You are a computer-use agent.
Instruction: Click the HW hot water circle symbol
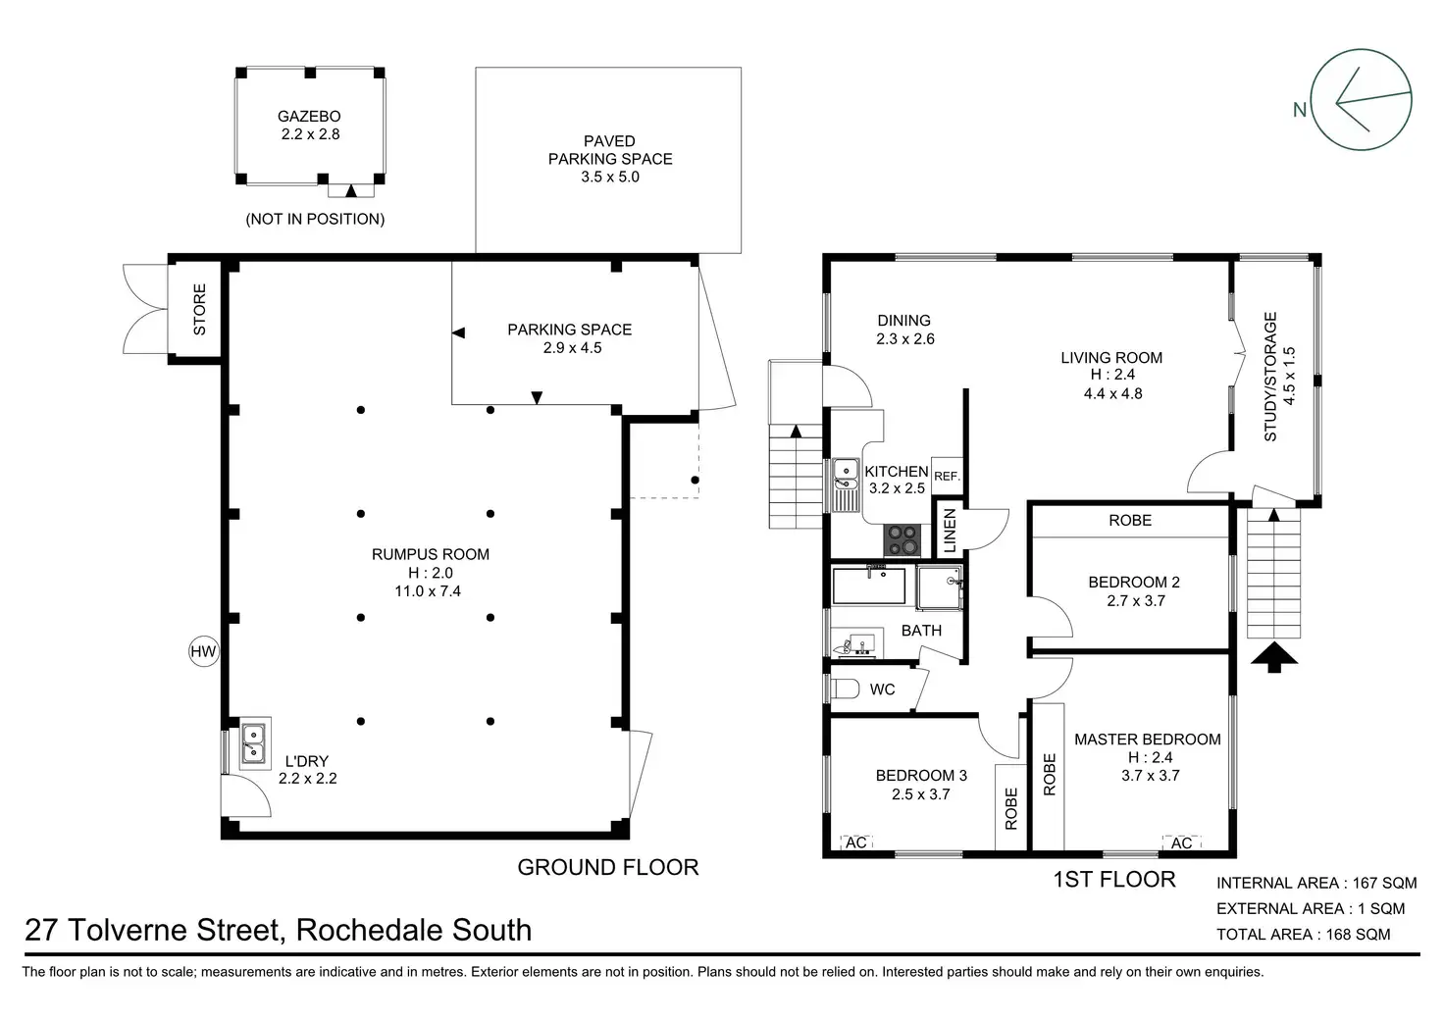[203, 651]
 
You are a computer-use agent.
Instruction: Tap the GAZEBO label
[309, 116]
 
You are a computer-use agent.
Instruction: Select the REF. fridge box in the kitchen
[947, 476]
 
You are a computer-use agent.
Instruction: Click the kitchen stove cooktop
[902, 538]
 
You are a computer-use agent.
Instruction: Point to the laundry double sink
[254, 742]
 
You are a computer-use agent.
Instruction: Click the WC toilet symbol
[845, 689]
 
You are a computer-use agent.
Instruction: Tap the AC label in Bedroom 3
[856, 842]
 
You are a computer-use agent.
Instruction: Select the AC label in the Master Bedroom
[1181, 842]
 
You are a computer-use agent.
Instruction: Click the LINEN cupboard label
[950, 531]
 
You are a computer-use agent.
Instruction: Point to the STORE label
[200, 309]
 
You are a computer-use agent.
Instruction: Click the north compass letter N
[1300, 109]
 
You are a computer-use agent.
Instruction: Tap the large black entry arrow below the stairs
[1274, 656]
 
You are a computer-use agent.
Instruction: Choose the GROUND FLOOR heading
[607, 867]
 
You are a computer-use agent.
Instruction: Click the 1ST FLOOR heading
[1114, 879]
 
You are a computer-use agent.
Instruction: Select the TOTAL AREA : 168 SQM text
[1303, 934]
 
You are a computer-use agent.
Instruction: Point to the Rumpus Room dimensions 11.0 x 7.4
[430, 591]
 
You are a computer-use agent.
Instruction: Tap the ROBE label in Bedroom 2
[1130, 520]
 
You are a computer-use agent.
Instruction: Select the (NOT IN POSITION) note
[315, 219]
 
